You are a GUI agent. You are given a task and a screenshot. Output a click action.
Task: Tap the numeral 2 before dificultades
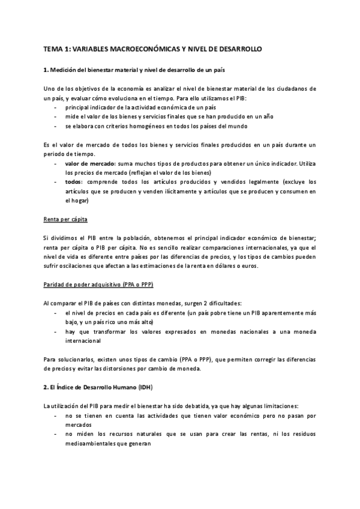coord(197,303)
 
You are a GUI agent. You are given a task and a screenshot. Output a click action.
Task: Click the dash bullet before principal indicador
coord(56,107)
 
